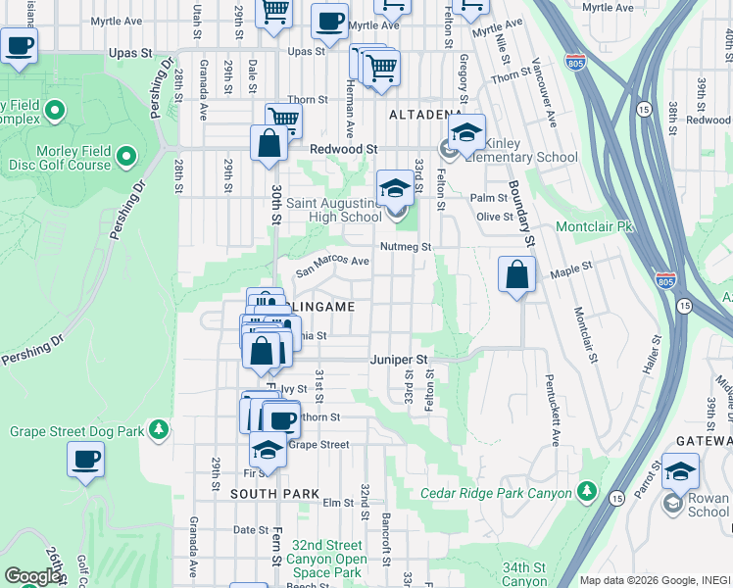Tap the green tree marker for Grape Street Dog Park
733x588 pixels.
tap(158, 430)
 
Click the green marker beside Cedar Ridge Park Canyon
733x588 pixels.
tap(586, 489)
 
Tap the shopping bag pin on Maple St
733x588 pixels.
tap(516, 274)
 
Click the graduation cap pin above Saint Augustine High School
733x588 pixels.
tap(395, 187)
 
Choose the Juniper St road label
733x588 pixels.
tap(400, 360)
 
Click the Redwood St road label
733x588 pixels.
tap(344, 149)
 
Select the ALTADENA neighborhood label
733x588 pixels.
tap(425, 115)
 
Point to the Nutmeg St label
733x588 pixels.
tap(406, 247)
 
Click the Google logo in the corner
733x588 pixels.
tap(33, 576)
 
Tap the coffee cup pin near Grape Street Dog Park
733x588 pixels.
tap(86, 459)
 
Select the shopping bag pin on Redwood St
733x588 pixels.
tap(269, 143)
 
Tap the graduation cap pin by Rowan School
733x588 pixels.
tap(680, 471)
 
